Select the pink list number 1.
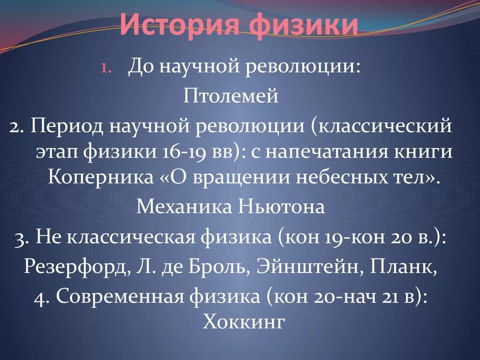coord(105,68)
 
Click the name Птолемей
coord(231,97)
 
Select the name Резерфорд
coord(75,267)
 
